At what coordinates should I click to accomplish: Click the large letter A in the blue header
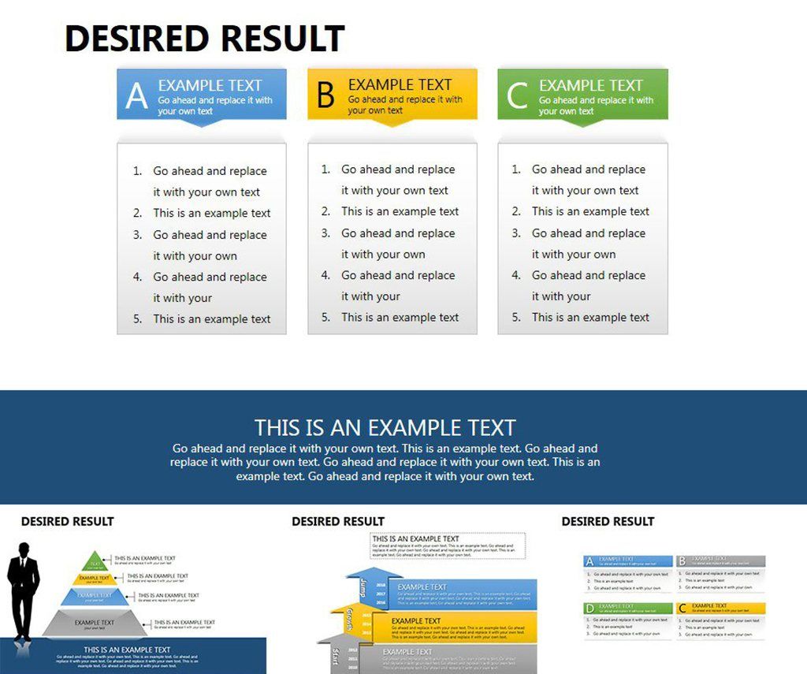[136, 96]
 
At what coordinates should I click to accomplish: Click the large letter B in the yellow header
[325, 95]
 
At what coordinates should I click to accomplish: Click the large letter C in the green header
[517, 96]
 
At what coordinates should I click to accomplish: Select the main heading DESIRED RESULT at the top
[204, 39]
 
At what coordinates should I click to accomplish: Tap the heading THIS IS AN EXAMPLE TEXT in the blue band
[385, 428]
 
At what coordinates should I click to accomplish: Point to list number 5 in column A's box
[137, 319]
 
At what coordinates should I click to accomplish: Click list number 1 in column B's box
[325, 169]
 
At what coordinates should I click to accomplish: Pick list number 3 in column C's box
[516, 233]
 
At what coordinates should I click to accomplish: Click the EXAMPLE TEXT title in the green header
[591, 85]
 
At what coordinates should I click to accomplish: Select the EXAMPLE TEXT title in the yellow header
[400, 84]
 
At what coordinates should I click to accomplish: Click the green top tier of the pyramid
[95, 561]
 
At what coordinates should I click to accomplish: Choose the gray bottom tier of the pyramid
[95, 624]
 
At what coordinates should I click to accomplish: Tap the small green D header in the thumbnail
[589, 609]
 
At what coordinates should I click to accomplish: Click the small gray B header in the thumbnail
[681, 561]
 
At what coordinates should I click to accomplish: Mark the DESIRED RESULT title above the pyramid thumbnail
[67, 521]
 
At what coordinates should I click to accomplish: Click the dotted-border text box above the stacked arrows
[448, 546]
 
